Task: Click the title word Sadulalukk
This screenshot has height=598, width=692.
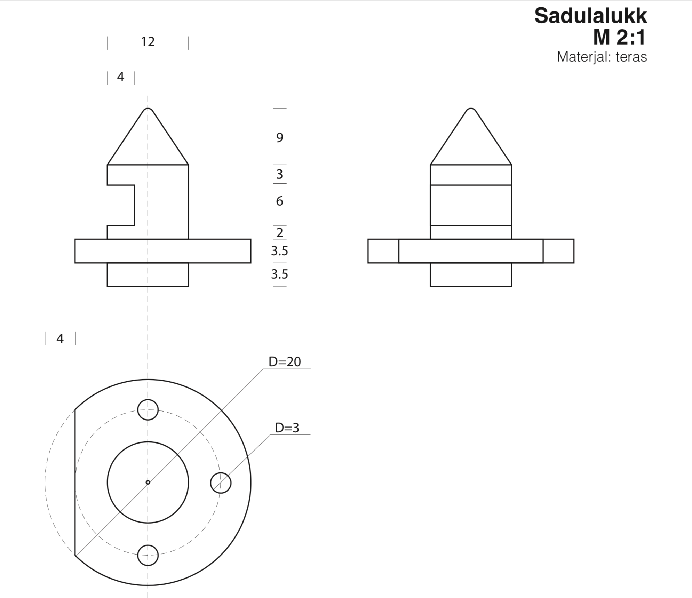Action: (x=590, y=16)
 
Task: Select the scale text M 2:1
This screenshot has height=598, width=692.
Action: (x=619, y=37)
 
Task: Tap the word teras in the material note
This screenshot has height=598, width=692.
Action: (x=631, y=57)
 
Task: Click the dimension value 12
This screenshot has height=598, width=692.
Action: (x=148, y=42)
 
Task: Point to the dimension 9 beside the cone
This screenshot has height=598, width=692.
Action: (x=280, y=138)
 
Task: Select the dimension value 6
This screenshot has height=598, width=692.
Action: (x=280, y=201)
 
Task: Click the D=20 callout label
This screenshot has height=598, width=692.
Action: (x=285, y=362)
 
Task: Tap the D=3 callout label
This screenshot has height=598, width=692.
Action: (x=287, y=428)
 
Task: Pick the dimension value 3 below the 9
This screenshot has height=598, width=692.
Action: (x=280, y=174)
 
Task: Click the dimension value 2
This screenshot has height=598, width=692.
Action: (x=280, y=232)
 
